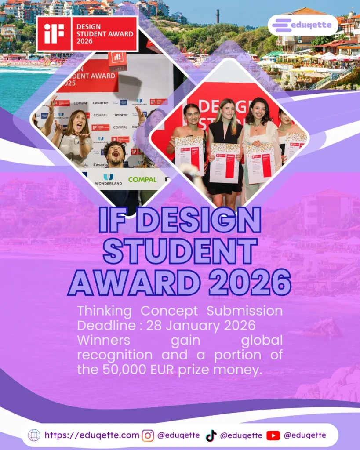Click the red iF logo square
(54, 33)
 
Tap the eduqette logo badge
(303, 25)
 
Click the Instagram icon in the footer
(148, 435)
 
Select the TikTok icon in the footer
(211, 435)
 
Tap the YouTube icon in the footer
(273, 435)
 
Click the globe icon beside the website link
(34, 435)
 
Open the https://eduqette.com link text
(92, 435)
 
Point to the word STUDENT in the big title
(180, 251)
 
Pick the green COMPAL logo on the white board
(142, 179)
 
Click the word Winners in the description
(104, 340)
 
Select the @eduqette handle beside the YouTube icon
(305, 435)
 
